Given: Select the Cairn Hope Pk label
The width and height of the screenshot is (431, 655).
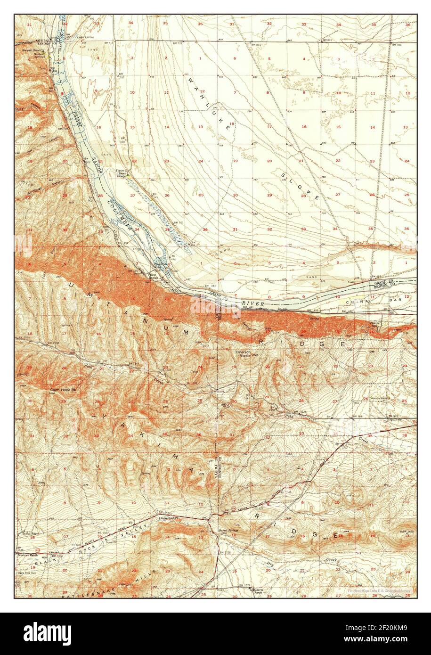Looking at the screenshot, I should (x=66, y=390).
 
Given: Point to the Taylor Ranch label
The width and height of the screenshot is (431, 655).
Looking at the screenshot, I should (x=29, y=533).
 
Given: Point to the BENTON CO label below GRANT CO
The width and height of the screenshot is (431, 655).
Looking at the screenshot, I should (x=405, y=286).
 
